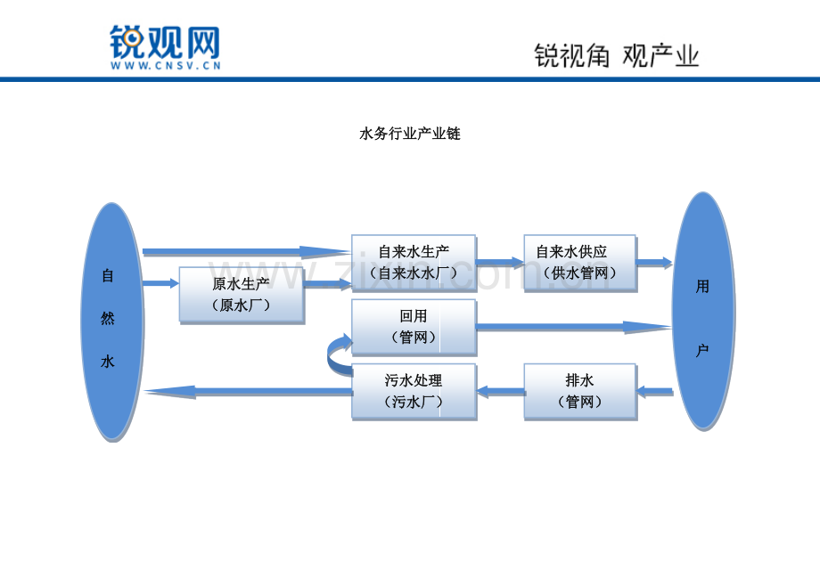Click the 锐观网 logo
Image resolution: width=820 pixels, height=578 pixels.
coord(165,43)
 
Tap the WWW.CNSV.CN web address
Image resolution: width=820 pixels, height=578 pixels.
coord(165,66)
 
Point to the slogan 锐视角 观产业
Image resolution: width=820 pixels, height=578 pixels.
coord(617,56)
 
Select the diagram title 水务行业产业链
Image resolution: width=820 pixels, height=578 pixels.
coord(410,134)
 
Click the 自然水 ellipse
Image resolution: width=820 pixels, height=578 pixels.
coord(112,321)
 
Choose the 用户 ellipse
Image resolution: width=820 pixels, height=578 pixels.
coord(703,311)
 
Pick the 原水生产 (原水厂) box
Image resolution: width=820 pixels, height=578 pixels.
coord(242,295)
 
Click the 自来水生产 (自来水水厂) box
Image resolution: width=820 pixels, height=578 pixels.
coord(414,263)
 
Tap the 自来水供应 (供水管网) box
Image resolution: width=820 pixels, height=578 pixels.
coord(580,263)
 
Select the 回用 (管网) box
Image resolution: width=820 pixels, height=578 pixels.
coord(414,327)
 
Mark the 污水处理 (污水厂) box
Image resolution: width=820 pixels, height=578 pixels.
coord(414,392)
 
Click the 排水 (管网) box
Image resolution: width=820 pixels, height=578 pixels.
coord(580,392)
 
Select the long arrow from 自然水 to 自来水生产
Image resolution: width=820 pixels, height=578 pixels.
coord(247,252)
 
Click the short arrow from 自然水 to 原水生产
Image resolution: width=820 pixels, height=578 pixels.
coord(160,283)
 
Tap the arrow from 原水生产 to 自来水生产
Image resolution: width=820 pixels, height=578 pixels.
coord(328,284)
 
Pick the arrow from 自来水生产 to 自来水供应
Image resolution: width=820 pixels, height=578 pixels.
coord(500,263)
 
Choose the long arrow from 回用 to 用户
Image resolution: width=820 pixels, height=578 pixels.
coord(574,327)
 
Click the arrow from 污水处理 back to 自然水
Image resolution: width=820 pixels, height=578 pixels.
coord(249,392)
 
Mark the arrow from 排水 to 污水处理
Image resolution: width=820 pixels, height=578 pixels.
coord(501,391)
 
